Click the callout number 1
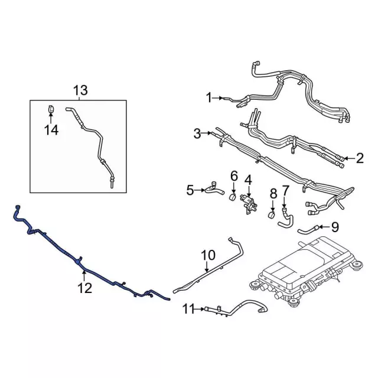pyautogui.click(x=208, y=97)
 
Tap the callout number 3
pyautogui.click(x=197, y=134)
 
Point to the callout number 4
pyautogui.click(x=248, y=179)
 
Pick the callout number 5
pyautogui.click(x=190, y=190)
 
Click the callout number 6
pyautogui.click(x=234, y=176)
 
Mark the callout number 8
pyautogui.click(x=273, y=193)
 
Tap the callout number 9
pyautogui.click(x=334, y=226)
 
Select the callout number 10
pyautogui.click(x=208, y=255)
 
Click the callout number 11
pyautogui.click(x=188, y=308)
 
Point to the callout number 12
pyautogui.click(x=84, y=288)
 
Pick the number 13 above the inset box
pyautogui.click(x=80, y=90)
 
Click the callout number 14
pyautogui.click(x=52, y=130)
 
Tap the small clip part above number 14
pyautogui.click(x=51, y=109)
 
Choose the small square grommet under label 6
pyautogui.click(x=234, y=197)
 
